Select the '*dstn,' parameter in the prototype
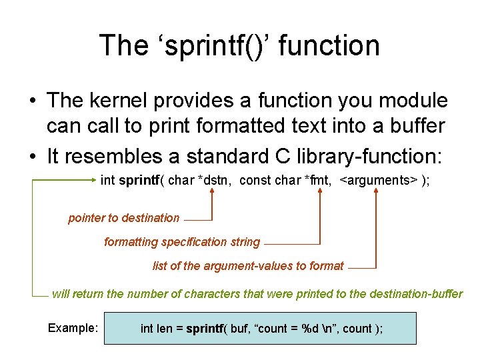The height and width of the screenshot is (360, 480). tap(215, 180)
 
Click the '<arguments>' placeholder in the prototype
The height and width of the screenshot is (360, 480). tap(378, 180)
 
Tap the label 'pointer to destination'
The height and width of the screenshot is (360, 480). tap(123, 218)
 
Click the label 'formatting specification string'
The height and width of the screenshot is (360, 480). tap(181, 242)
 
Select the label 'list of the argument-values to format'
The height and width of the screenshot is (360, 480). tap(248, 266)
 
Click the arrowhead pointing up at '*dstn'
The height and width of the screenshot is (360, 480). tap(212, 192)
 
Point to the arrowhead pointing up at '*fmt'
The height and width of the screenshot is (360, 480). tap(321, 192)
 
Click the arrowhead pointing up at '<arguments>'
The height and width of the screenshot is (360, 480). tap(377, 192)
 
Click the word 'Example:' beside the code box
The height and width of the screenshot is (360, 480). tap(73, 328)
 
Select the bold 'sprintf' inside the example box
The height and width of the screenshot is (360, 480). tap(205, 329)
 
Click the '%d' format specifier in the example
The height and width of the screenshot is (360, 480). tap(310, 329)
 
